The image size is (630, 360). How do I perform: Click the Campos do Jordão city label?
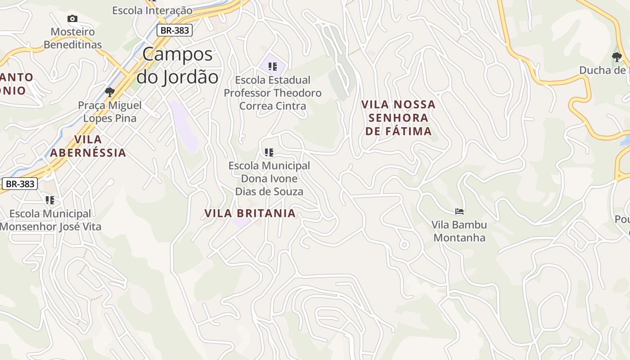(177, 66)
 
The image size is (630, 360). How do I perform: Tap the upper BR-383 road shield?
(175, 30)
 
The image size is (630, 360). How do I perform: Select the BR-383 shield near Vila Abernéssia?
(20, 184)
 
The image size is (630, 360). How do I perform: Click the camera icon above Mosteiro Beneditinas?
(72, 18)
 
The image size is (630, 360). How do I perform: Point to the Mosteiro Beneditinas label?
(73, 38)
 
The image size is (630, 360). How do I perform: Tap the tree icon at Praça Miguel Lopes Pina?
(109, 92)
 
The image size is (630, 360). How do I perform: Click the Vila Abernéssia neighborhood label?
(88, 146)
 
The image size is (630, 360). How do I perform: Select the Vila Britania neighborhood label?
(250, 213)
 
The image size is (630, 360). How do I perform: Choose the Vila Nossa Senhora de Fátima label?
(398, 118)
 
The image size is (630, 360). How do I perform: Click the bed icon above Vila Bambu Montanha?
(459, 211)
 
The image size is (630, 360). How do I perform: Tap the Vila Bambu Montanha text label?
(459, 231)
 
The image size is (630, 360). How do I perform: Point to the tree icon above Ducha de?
(616, 57)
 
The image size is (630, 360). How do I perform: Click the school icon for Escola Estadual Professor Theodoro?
(272, 67)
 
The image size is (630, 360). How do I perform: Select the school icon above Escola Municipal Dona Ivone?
(269, 152)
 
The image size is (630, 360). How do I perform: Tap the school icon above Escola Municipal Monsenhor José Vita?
(49, 200)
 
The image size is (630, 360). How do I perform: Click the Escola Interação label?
(152, 10)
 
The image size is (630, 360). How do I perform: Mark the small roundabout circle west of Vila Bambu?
(404, 245)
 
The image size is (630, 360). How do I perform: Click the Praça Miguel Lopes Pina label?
(110, 112)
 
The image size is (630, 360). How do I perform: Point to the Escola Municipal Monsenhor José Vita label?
(50, 220)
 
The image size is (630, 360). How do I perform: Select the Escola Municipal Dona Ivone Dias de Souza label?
(269, 178)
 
